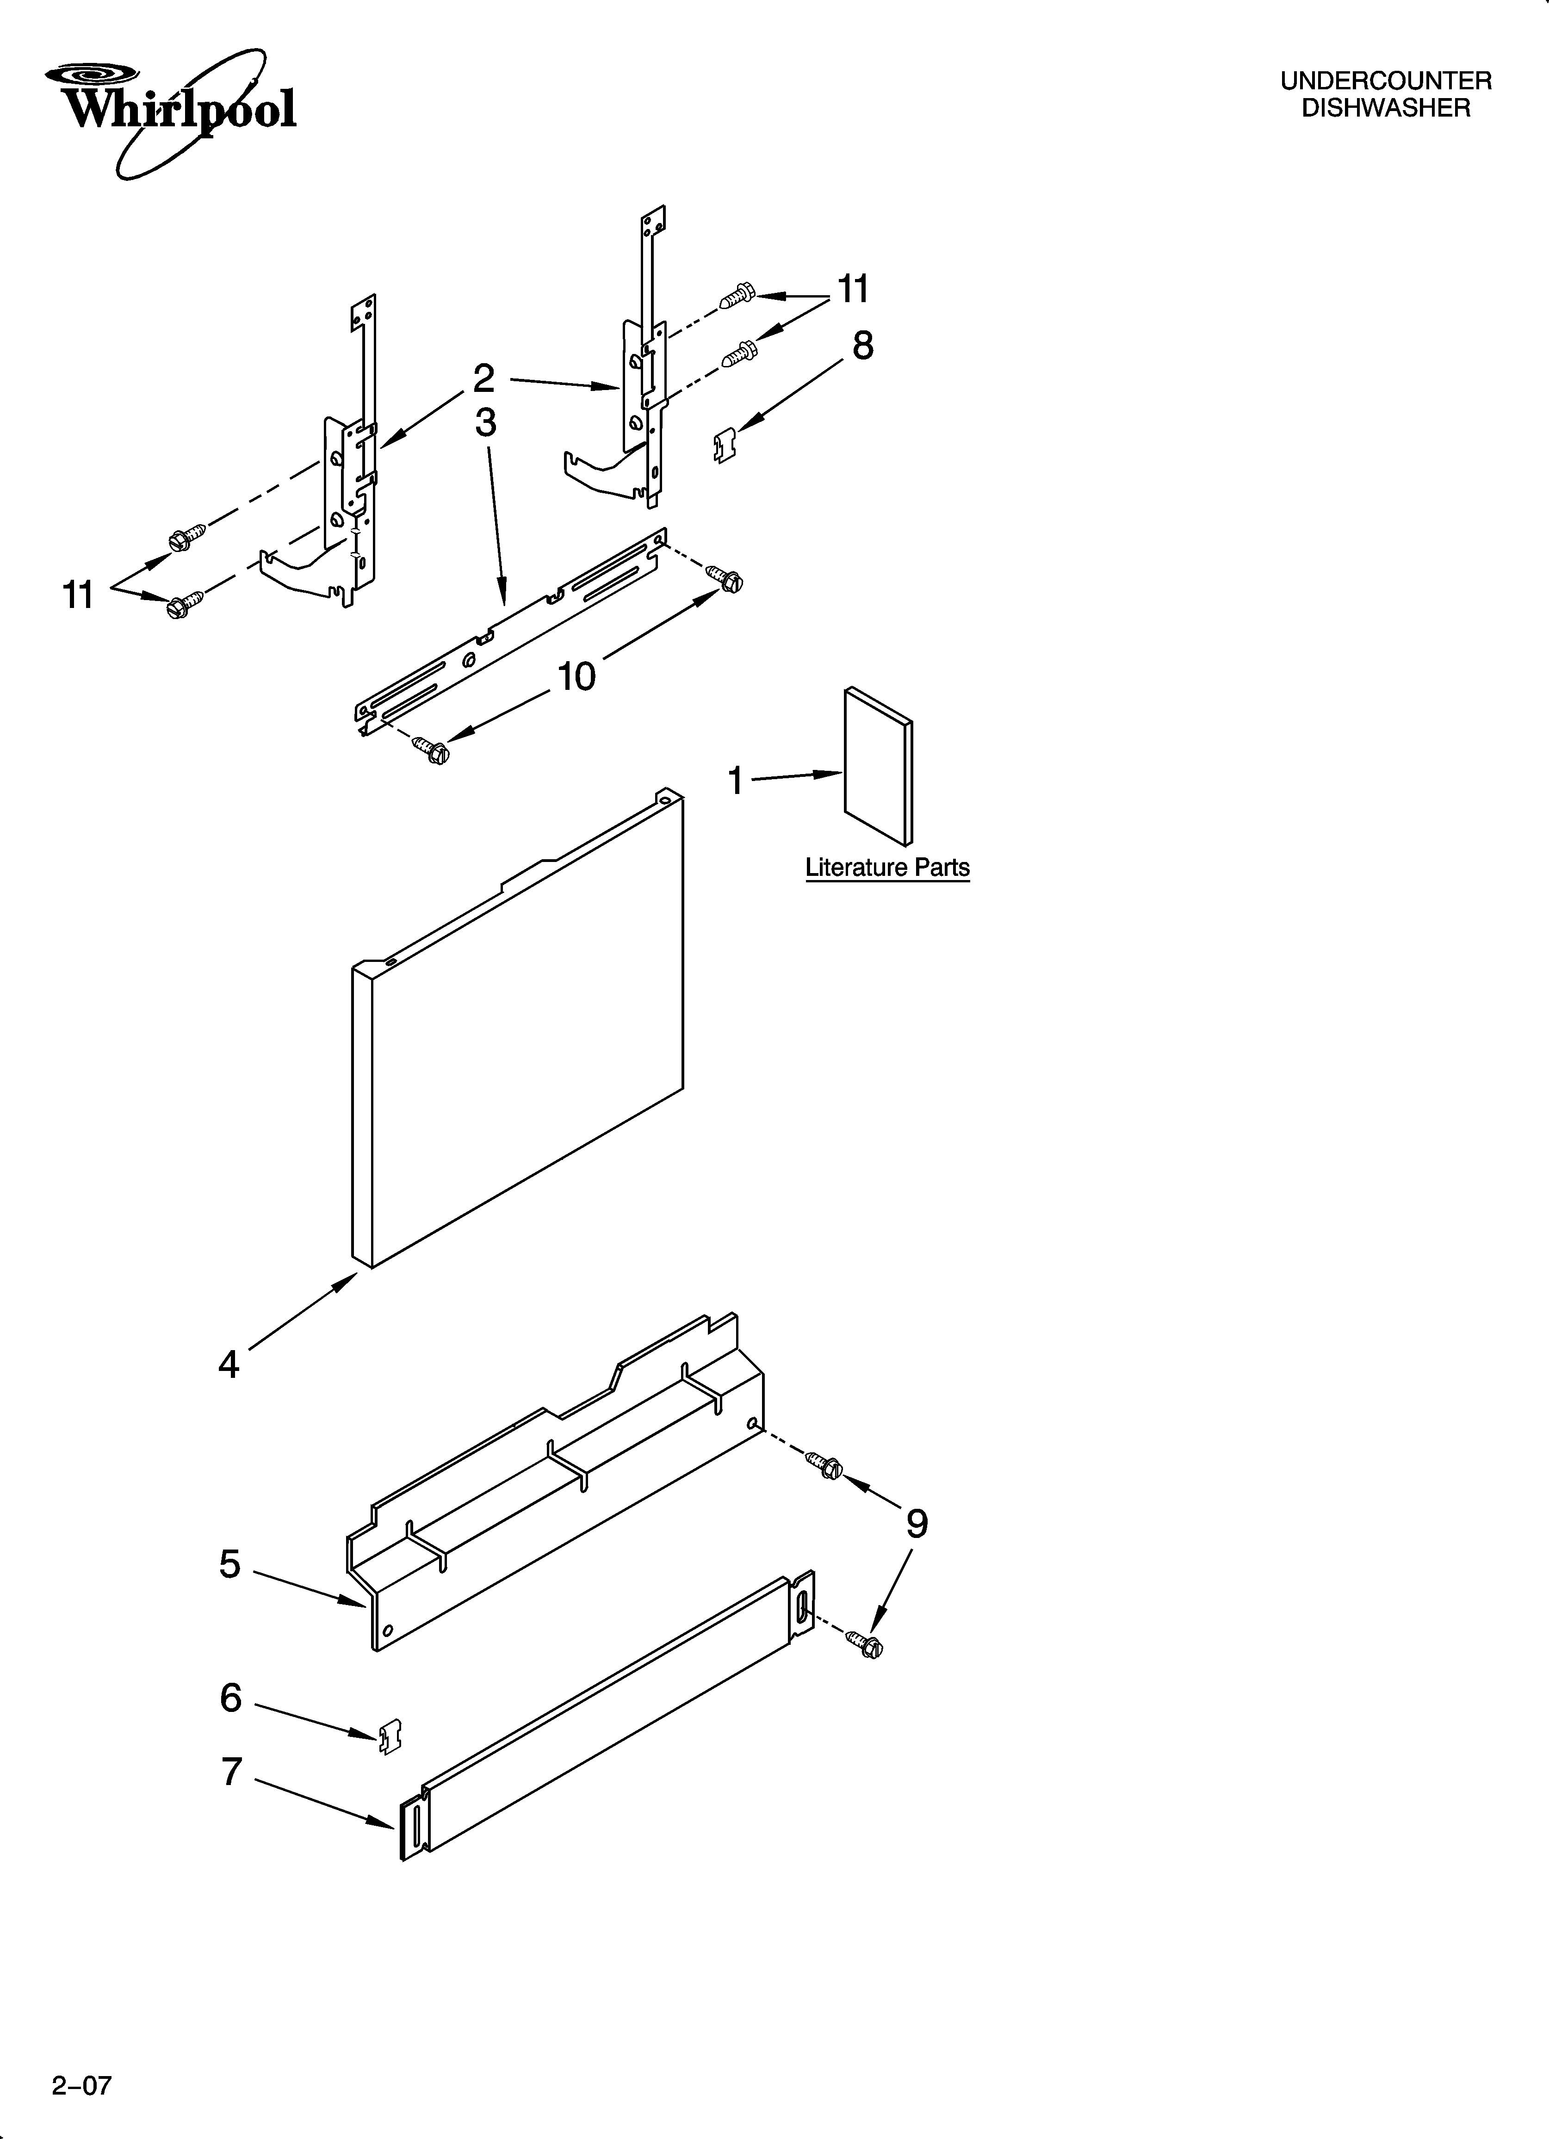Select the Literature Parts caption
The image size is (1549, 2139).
click(x=887, y=868)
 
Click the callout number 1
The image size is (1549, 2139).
click(x=736, y=781)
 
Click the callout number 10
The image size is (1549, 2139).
click(x=576, y=676)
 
